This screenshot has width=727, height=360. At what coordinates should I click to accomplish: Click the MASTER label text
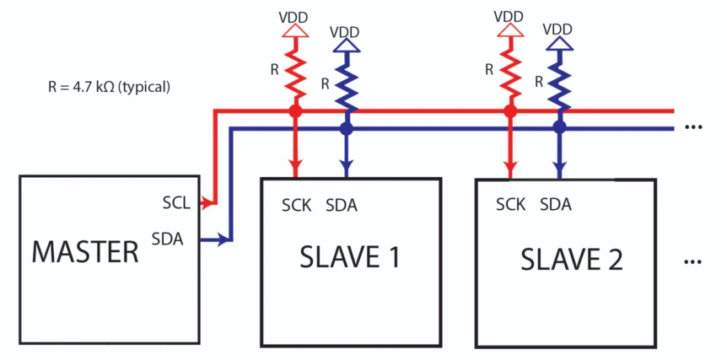click(84, 251)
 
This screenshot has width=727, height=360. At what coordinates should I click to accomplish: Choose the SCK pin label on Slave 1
click(297, 205)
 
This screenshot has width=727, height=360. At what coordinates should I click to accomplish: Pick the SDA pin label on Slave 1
click(342, 205)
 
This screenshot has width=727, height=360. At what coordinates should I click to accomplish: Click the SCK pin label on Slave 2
click(511, 204)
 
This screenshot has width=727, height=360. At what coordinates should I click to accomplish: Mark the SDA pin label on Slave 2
click(556, 204)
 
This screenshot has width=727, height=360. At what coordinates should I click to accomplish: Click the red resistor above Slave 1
click(295, 72)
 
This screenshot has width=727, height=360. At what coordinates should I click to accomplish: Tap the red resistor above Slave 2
click(509, 72)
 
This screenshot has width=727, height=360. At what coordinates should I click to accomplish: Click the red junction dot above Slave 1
click(295, 110)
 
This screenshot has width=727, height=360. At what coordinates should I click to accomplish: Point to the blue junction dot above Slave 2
click(558, 128)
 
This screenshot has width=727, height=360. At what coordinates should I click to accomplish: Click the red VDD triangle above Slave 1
click(295, 30)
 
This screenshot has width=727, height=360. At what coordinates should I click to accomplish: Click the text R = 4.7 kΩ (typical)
click(110, 86)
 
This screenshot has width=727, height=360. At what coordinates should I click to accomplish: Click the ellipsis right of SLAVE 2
click(693, 262)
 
